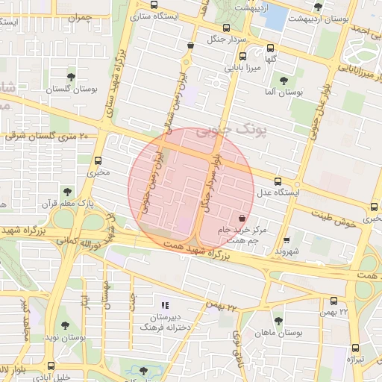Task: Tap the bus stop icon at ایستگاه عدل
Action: coord(278,181)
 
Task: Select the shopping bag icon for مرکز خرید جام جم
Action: coord(241,217)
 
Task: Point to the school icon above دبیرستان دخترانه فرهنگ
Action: coord(166,305)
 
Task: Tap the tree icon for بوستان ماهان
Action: coord(278,321)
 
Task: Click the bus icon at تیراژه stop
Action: coord(354,347)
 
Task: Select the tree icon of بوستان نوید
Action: coord(66,325)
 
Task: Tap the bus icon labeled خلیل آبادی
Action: coord(51,366)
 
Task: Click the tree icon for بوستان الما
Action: coord(283,80)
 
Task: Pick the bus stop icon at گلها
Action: coord(270,47)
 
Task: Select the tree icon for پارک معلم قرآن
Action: coord(67,192)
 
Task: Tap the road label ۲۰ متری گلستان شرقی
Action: coord(45,136)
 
